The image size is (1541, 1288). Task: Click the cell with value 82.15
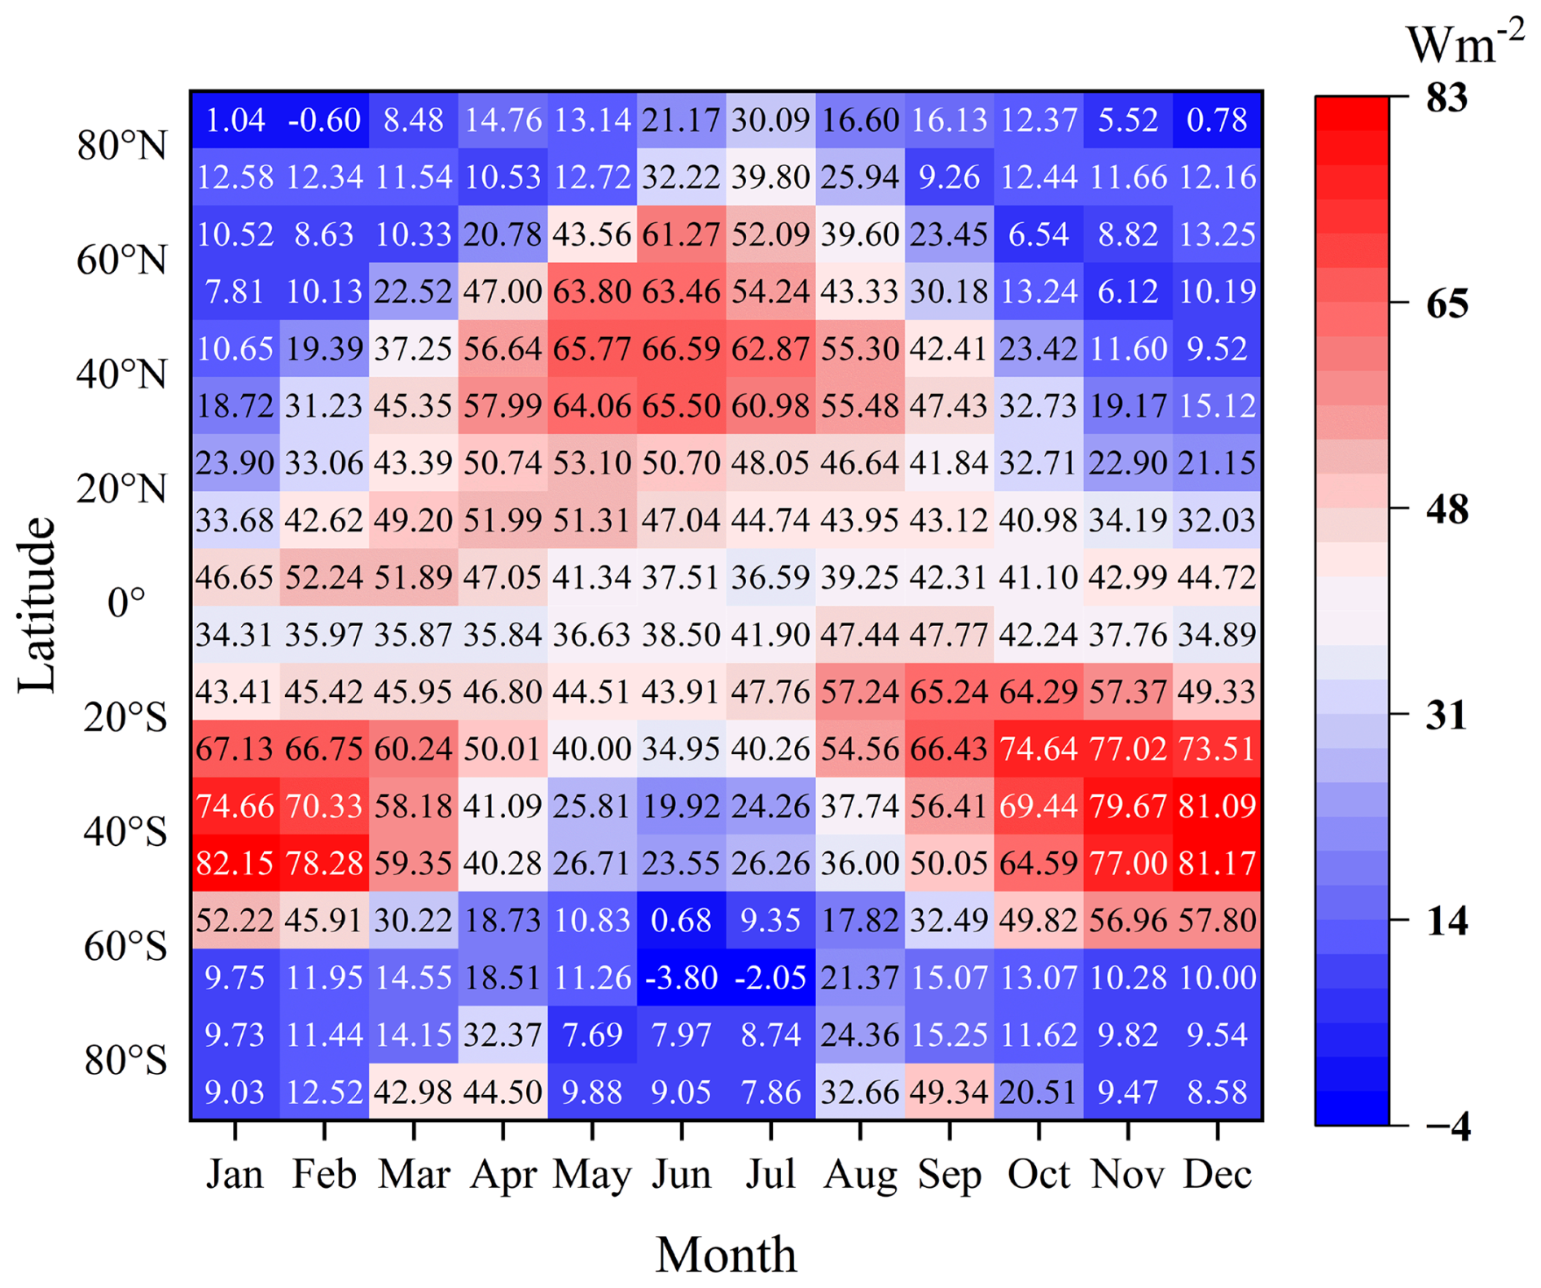pos(235,863)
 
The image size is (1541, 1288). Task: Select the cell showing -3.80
pos(681,977)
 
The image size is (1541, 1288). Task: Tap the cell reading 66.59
pos(681,348)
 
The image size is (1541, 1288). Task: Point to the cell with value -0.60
pos(324,120)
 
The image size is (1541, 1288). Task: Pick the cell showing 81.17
pos(1217,863)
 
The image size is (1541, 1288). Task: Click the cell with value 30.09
pos(770,120)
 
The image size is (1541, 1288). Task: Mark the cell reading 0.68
pos(681,920)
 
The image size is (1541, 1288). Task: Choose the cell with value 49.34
pos(949,1092)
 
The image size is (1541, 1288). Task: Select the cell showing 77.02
pos(1127,748)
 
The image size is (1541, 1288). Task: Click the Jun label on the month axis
pos(681,1175)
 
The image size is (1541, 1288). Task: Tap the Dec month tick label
pos(1217,1175)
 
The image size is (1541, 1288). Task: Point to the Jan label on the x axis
pos(235,1175)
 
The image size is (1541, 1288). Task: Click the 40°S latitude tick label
pos(125,832)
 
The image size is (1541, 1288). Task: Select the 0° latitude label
pos(126,603)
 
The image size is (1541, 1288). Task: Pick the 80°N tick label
pos(122,147)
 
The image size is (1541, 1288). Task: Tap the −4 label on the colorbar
pos(1447,1127)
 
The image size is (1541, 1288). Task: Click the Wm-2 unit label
pos(1464,44)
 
